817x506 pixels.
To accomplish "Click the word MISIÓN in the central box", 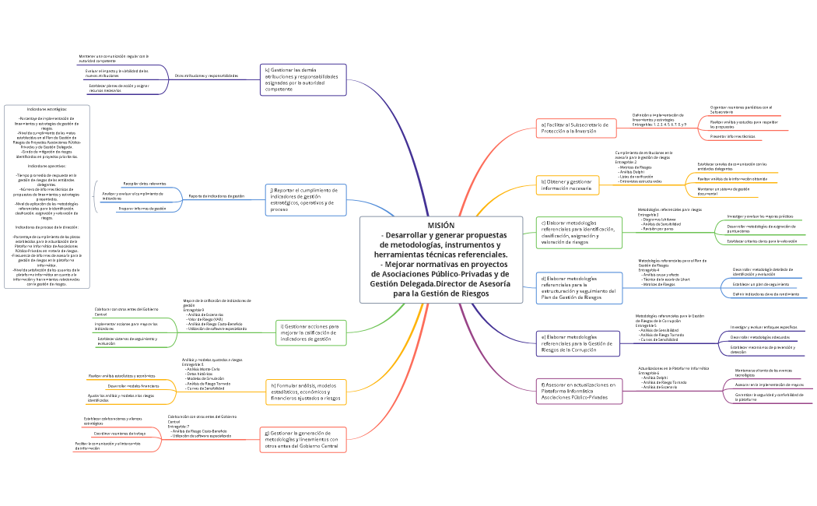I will (x=440, y=225).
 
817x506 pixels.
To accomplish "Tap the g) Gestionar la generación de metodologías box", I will (x=303, y=440).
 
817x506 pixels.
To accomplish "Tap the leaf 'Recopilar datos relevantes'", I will (x=144, y=183).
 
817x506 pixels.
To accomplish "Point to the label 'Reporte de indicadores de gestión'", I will (x=216, y=196).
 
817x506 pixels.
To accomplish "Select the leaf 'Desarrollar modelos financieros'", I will (x=133, y=386).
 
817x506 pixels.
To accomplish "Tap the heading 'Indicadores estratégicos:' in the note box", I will (x=47, y=110).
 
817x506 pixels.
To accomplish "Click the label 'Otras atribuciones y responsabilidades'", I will (x=206, y=76).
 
